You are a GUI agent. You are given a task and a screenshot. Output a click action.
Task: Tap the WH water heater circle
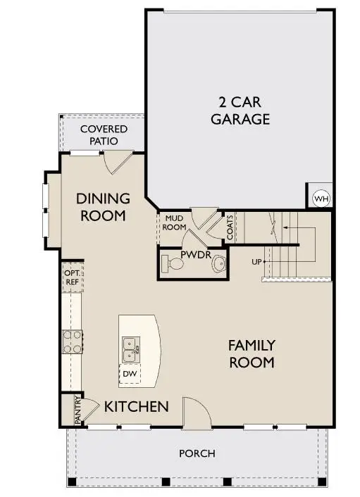321,199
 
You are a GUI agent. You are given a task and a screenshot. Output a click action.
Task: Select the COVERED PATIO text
104,135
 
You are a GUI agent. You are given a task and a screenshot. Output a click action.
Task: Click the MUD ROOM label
175,223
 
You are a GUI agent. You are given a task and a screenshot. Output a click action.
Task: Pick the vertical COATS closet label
230,227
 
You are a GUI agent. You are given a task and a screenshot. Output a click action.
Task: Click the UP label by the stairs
257,262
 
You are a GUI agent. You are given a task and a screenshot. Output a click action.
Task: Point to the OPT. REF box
71,277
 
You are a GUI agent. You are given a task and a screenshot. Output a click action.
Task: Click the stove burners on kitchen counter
72,341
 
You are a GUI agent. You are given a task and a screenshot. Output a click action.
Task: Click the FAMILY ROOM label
251,354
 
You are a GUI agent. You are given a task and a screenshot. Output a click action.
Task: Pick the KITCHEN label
137,407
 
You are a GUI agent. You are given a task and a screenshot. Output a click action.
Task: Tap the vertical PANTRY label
77,410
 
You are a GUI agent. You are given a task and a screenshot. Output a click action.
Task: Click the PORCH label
197,453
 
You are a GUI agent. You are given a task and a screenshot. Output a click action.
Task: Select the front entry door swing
195,412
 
